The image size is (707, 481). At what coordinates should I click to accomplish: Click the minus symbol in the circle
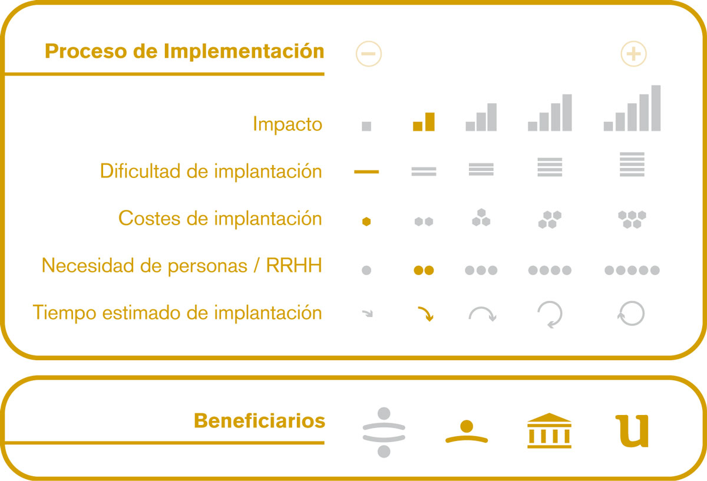368,54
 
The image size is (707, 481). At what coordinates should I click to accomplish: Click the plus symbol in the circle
633,54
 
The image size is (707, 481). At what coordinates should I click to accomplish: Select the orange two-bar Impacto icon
424,121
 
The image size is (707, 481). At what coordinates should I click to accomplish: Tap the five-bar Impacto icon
632,108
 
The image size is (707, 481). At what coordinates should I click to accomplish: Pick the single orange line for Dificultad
366,172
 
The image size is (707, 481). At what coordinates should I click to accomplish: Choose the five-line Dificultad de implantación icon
632,164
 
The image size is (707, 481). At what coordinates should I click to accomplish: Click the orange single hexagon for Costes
366,222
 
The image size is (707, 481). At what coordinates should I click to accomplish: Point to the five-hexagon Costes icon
632,219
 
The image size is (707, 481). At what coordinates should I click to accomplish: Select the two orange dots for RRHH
424,271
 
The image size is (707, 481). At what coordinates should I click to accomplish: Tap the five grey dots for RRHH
632,271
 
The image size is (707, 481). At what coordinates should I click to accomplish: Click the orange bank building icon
549,430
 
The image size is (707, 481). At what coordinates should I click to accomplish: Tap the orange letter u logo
632,431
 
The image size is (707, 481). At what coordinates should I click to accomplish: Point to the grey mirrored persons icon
384,432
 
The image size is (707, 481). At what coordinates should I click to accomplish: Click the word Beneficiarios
259,421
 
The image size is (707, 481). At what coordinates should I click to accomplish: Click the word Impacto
288,124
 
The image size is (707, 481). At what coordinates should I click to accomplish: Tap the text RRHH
294,265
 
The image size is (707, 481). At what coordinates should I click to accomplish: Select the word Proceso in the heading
86,51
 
